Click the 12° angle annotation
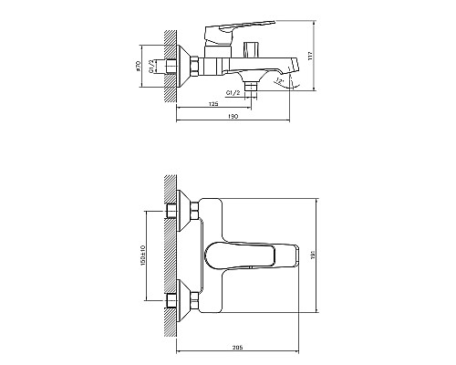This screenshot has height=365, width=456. pyautogui.click(x=277, y=83)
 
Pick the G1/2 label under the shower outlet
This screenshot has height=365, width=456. pyautogui.click(x=233, y=94)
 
